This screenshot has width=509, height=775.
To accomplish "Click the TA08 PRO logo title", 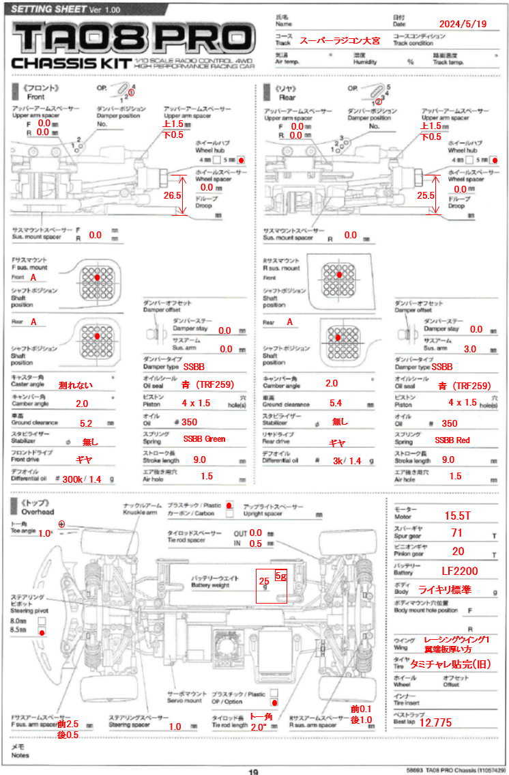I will (x=132, y=38).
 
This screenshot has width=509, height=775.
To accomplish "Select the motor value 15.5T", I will (x=459, y=515).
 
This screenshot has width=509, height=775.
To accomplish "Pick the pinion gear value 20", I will (x=458, y=552).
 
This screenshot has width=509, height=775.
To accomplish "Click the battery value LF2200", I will (x=460, y=571).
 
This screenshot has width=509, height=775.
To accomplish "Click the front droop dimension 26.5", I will (x=171, y=195).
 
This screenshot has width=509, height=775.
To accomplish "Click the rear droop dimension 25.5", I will (x=425, y=195).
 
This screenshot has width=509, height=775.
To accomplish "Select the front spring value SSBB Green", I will (x=204, y=439).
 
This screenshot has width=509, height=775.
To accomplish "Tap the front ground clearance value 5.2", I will (x=86, y=423).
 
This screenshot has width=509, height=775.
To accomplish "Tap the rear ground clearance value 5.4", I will (x=335, y=404).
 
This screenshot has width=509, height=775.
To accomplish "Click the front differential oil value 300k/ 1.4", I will (x=81, y=481).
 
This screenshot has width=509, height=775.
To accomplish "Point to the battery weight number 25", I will (x=263, y=580).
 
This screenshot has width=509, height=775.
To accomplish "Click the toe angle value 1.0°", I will (x=45, y=533).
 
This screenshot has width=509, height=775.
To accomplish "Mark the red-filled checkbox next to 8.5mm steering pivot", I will (x=42, y=633).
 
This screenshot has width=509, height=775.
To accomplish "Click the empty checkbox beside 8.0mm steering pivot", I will (x=42, y=621).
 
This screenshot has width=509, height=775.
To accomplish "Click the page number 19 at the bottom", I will (x=253, y=772).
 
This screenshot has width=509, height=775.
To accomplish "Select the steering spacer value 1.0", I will (x=175, y=727).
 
